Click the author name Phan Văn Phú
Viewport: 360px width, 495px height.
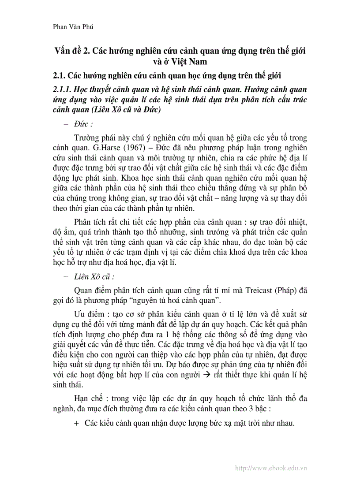[x=72, y=27]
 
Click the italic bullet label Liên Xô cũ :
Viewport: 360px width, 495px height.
[x=94, y=277]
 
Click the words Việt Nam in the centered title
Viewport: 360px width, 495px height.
[x=189, y=61]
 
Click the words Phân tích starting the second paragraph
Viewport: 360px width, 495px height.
[x=90, y=221]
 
